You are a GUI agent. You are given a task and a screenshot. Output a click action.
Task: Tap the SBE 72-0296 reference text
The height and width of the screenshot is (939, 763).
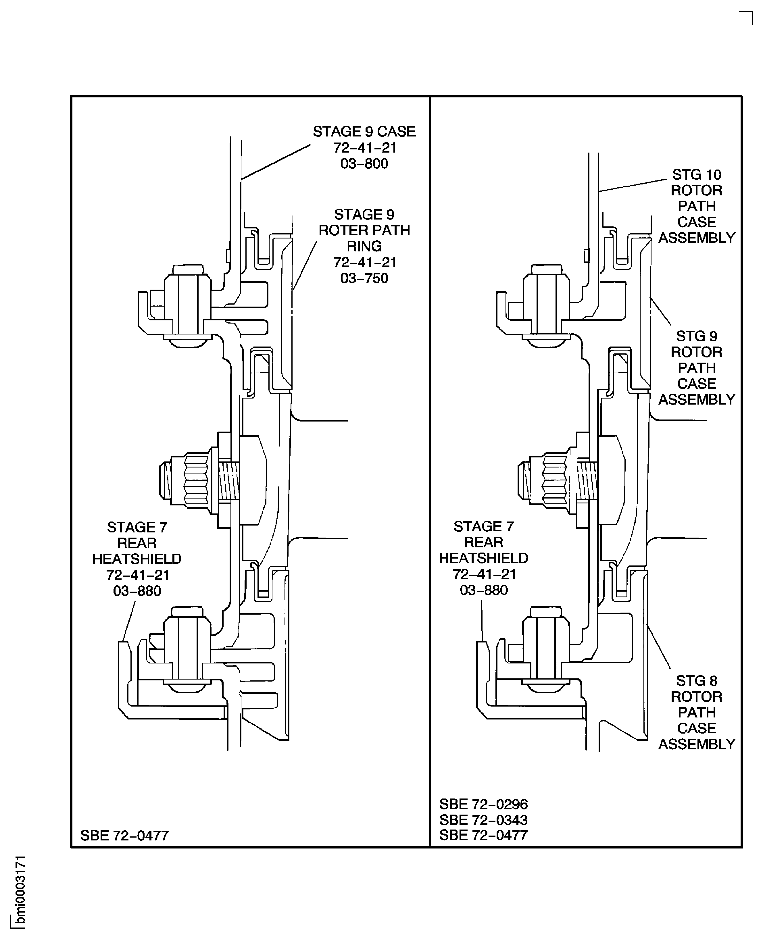tap(483, 804)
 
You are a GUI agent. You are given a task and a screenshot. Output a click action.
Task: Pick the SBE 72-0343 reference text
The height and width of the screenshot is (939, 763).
tap(483, 820)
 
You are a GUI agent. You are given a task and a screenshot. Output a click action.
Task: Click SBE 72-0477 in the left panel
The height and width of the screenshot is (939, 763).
tap(124, 835)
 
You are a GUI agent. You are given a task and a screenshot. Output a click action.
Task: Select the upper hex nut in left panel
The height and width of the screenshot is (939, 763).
tap(188, 303)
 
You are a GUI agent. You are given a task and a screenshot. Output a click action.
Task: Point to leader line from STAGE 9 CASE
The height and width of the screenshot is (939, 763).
tap(276, 162)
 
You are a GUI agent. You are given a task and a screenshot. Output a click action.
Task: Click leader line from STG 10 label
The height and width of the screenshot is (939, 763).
tap(633, 185)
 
